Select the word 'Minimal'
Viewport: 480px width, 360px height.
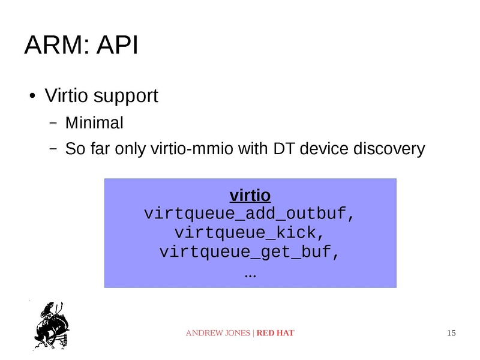click(x=94, y=124)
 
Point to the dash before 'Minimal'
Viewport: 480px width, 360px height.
click(x=53, y=124)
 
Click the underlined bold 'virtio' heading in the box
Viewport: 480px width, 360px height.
click(x=250, y=196)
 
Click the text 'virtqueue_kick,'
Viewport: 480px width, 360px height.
click(x=250, y=232)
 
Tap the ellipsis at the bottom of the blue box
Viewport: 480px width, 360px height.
click(x=250, y=275)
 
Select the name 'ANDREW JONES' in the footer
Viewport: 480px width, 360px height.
click(x=218, y=333)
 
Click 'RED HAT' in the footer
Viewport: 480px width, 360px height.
click(x=275, y=333)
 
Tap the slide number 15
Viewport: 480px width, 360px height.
click(x=451, y=333)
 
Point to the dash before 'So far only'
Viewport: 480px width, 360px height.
click(x=53, y=148)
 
